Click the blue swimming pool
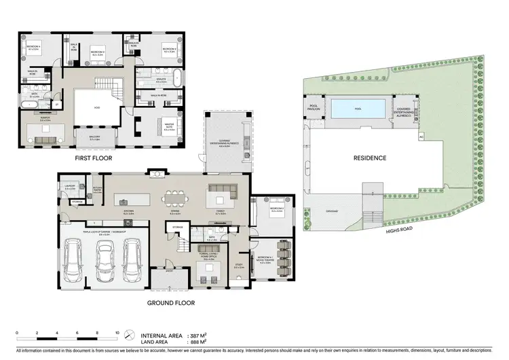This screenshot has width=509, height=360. click(358, 108)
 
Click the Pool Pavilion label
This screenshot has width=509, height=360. click(314, 107)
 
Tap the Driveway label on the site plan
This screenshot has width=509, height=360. click(332, 210)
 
